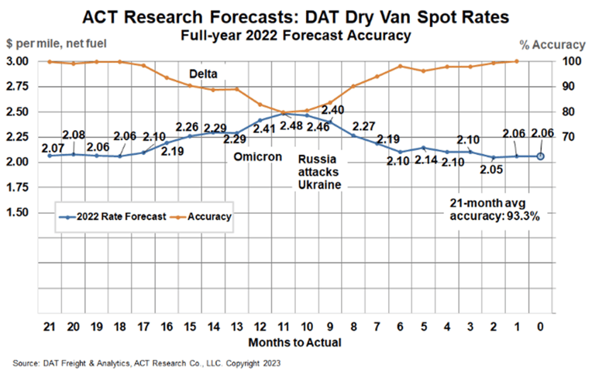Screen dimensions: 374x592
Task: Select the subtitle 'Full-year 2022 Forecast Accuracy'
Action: (x=296, y=35)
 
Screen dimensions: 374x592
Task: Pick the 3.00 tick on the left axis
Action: (x=17, y=61)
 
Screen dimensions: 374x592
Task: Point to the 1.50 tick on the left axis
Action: (x=17, y=212)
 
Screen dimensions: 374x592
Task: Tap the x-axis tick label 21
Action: (x=50, y=327)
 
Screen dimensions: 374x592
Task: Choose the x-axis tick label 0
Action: (x=541, y=327)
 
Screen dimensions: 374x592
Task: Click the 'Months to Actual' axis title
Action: (x=295, y=341)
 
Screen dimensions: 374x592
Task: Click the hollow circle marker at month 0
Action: (x=541, y=156)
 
